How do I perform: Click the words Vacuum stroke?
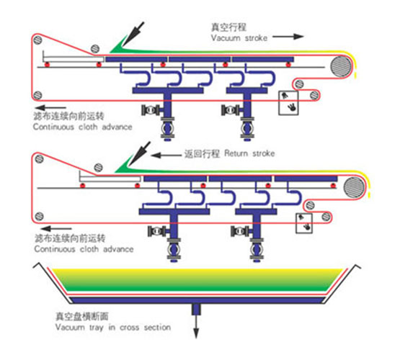pos(239,38)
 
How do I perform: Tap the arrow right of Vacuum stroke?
pos(288,37)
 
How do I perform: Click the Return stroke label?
pos(249,153)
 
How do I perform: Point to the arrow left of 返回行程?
pos(166,155)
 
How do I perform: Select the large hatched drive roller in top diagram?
pos(341,66)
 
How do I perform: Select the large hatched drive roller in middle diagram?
pos(354,187)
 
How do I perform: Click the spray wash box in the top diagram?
pos(288,103)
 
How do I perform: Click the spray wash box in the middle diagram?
pos(304,223)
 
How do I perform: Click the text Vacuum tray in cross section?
pos(113,328)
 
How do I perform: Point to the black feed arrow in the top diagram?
pos(133,34)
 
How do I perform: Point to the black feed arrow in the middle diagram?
pos(140,154)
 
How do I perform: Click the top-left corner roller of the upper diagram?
pos(38,40)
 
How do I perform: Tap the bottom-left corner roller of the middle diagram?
pos(39,216)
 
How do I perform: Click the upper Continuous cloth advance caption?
pos(83,127)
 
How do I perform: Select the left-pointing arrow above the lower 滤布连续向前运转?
pos(57,228)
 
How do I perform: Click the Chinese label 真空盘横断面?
pos(82,316)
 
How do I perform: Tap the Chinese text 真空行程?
pos(228,27)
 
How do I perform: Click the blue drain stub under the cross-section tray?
pos(196,310)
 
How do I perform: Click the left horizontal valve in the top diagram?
pos(151,110)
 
